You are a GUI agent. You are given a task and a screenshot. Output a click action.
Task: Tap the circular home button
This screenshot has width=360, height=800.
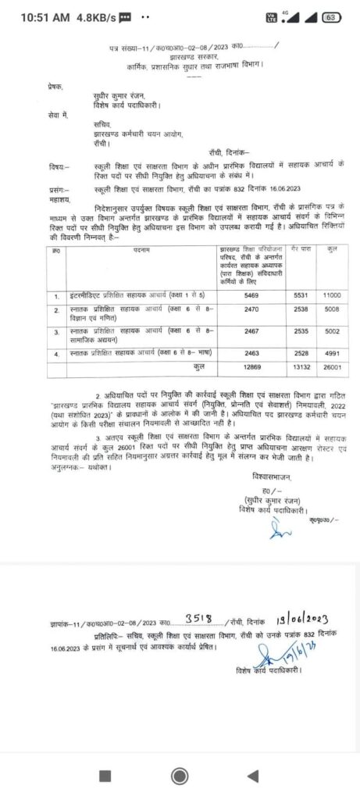click(180, 776)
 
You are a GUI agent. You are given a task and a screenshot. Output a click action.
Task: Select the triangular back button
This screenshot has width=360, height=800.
click(252, 776)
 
